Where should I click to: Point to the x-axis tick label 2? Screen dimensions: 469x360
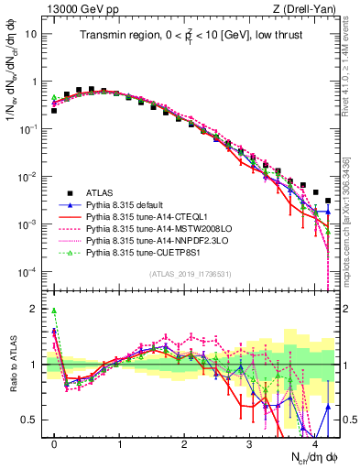tap(184, 442)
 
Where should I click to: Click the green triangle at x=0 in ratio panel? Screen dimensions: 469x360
tap(54, 311)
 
